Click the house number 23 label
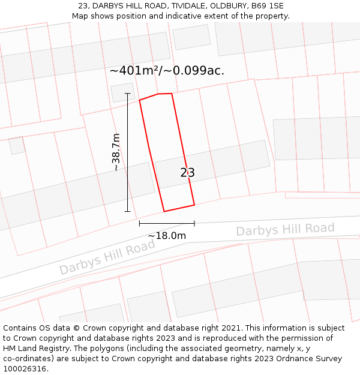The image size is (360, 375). pyautogui.click(x=187, y=173)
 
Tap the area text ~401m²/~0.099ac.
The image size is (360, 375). pyautogui.click(x=167, y=70)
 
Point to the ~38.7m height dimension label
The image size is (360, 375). pyautogui.click(x=116, y=152)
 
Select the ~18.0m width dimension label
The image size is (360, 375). pyautogui.click(x=167, y=236)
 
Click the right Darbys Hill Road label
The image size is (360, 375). pyautogui.click(x=285, y=229)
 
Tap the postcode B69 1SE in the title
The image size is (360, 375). pyautogui.click(x=268, y=6)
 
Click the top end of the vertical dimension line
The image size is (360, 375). pyautogui.click(x=127, y=94)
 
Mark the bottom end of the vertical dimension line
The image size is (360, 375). pyautogui.click(x=127, y=211)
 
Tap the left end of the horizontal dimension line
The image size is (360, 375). pyautogui.click(x=139, y=223)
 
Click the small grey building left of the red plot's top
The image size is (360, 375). pyautogui.click(x=122, y=92)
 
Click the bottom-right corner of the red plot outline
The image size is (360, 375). pyautogui.click(x=194, y=205)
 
